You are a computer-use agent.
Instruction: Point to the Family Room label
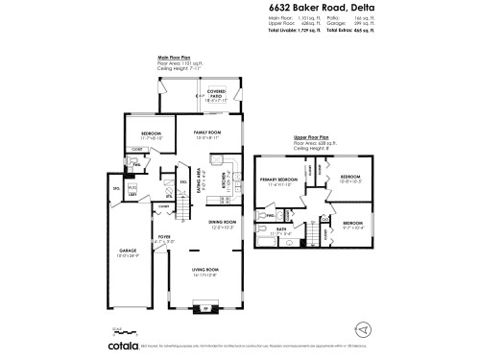coord(207,134)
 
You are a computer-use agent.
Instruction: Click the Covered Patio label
coord(217,94)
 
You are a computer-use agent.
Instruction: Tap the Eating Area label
coord(199,178)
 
